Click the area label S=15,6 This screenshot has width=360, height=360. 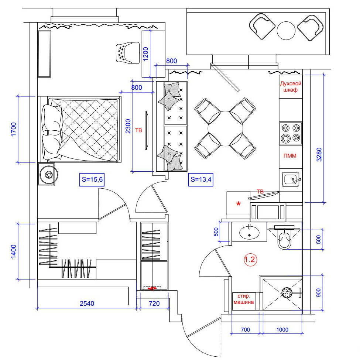(92, 179)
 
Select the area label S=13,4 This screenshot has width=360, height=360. (200, 179)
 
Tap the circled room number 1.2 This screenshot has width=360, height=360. (250, 260)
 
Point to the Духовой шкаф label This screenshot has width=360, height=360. (291, 86)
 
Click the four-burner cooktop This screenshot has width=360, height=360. (291, 133)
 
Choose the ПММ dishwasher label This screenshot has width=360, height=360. (290, 156)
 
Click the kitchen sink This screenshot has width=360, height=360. (291, 179)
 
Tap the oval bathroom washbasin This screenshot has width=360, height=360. (249, 233)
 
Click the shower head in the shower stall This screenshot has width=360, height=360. (287, 292)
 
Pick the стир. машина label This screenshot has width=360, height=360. (244, 299)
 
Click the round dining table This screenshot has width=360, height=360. (225, 128)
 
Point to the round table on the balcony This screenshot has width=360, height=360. (286, 31)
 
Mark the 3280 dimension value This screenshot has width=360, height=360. (319, 154)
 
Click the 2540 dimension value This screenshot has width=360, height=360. (87, 304)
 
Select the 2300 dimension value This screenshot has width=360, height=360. (128, 126)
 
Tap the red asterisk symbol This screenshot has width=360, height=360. (239, 204)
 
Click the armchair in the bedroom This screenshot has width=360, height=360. (128, 53)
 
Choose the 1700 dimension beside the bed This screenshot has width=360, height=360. (14, 129)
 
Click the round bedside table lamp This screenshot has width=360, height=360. (49, 175)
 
